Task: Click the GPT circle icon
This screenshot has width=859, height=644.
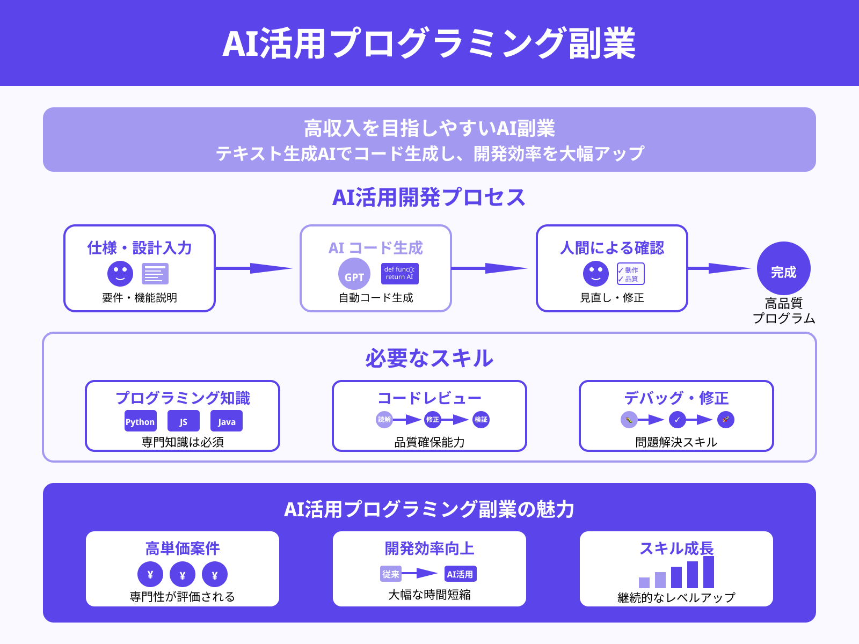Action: (354, 274)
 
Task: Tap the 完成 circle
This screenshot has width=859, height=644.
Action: (783, 268)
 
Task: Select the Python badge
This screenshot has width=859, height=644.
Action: (140, 421)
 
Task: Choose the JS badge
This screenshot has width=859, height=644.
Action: (184, 421)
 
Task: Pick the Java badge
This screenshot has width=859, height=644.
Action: (227, 421)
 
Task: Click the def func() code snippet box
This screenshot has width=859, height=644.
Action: (399, 273)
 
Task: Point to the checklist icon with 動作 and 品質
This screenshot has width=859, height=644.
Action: (630, 274)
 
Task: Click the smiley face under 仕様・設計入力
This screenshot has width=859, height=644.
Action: (120, 274)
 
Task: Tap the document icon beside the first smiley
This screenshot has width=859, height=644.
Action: (155, 274)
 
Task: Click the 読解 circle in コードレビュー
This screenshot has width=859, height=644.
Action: (384, 420)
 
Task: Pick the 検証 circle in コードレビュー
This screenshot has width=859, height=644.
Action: (481, 420)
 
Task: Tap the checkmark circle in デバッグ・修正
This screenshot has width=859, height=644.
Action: (678, 420)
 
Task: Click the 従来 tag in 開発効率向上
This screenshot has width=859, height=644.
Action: (391, 574)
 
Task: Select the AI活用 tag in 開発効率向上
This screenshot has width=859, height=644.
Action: (460, 574)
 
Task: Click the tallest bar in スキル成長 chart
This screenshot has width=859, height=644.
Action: (709, 572)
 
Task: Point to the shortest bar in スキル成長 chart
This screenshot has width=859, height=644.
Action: (644, 582)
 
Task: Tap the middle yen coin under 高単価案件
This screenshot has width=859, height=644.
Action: (183, 575)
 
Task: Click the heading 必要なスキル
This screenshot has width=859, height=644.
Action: (429, 358)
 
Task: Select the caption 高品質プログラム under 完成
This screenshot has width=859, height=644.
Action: (784, 311)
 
